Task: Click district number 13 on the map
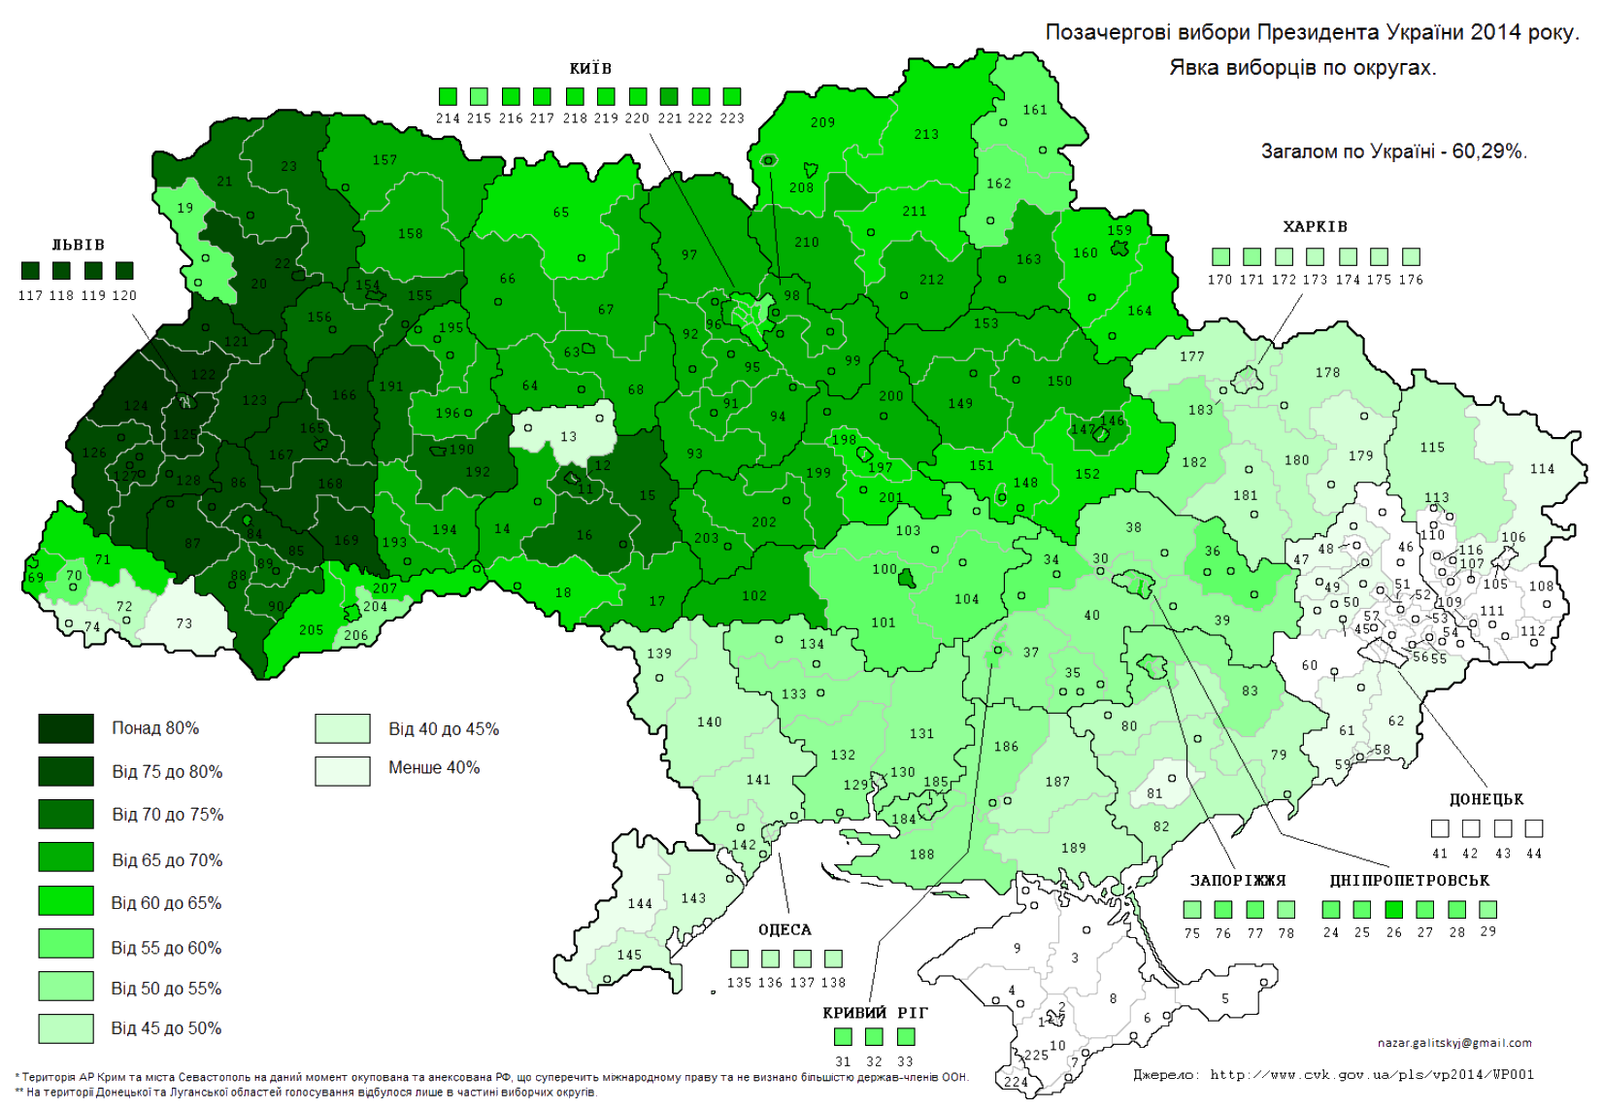(569, 436)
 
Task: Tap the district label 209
(822, 122)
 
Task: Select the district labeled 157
(384, 159)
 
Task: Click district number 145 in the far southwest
(629, 955)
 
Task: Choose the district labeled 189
(1074, 847)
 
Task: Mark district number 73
(184, 623)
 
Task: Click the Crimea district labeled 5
(1225, 997)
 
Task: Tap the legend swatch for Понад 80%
(66, 729)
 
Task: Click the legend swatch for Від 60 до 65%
(66, 901)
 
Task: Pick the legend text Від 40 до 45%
(444, 728)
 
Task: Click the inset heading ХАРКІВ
(1315, 226)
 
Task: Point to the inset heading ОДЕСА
(785, 929)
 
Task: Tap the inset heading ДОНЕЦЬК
(1486, 800)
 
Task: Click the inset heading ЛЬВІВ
(78, 245)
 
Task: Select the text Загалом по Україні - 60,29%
(1393, 151)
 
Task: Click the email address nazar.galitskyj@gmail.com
(1454, 1042)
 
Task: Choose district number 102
(754, 595)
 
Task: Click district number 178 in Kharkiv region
(1327, 372)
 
